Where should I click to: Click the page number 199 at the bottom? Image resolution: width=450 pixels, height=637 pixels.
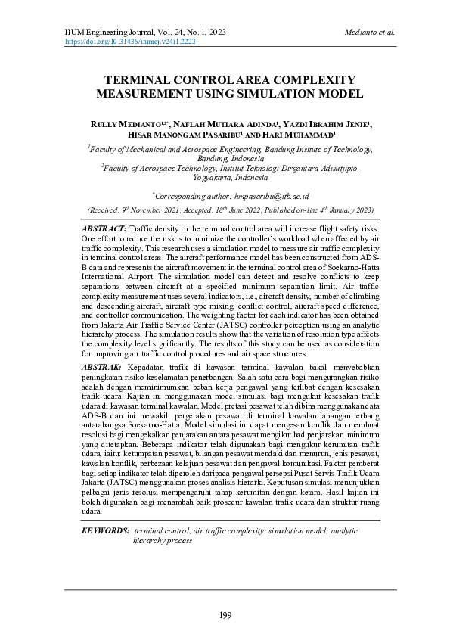click(x=225, y=614)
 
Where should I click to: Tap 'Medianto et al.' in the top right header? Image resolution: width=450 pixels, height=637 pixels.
click(x=369, y=33)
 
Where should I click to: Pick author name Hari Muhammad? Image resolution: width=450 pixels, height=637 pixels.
click(x=294, y=134)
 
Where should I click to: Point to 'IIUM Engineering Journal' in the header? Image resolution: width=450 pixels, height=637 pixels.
click(x=102, y=33)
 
